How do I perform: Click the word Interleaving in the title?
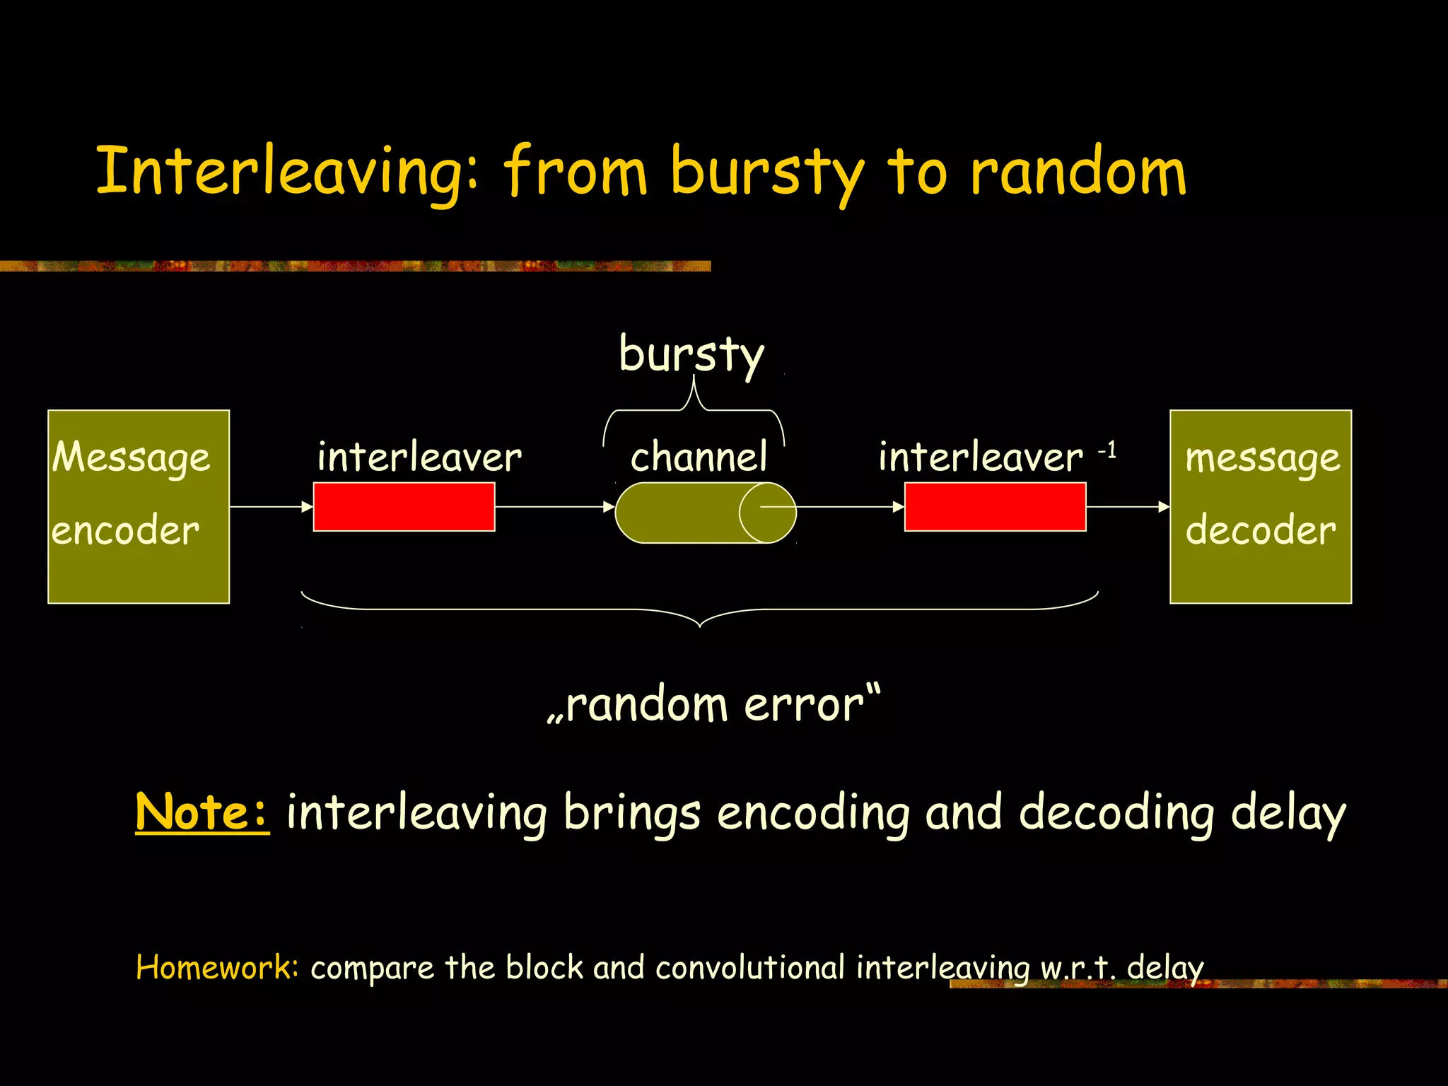click(x=286, y=172)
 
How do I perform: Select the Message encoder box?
click(x=139, y=506)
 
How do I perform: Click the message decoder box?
click(x=1261, y=506)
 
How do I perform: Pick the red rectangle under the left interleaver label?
click(x=404, y=506)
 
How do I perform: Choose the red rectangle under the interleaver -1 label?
click(x=995, y=506)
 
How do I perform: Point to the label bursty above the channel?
click(x=691, y=354)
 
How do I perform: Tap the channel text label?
click(x=698, y=457)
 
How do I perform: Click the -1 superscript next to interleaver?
click(x=1107, y=450)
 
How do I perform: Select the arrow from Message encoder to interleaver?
click(x=271, y=506)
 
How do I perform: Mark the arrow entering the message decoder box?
click(x=1128, y=506)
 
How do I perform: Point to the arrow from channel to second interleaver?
click(x=848, y=506)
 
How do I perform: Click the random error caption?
click(x=714, y=705)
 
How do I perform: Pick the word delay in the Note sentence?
click(x=1288, y=813)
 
